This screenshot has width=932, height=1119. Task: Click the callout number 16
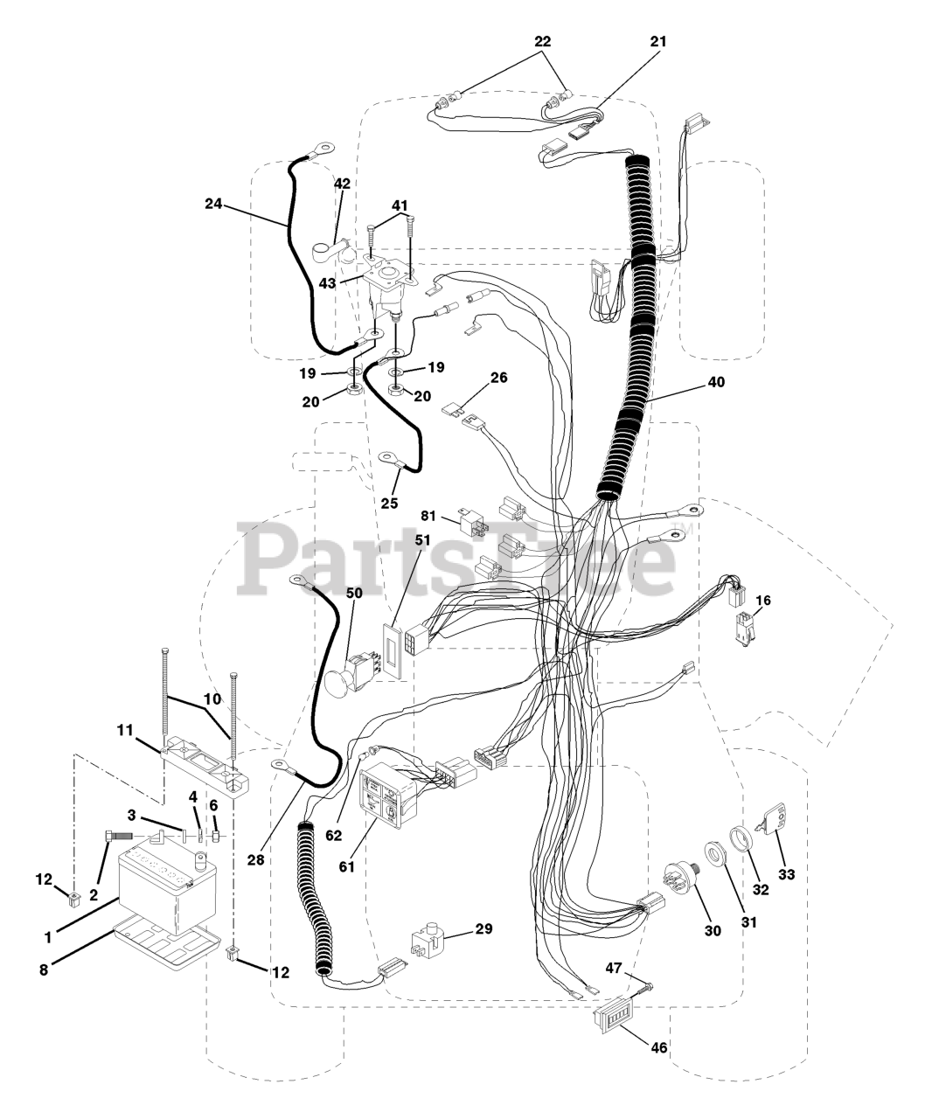tap(763, 601)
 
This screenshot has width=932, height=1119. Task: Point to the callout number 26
tap(499, 378)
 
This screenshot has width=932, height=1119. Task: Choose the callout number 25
tap(389, 504)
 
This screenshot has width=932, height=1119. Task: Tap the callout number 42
tap(342, 183)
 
